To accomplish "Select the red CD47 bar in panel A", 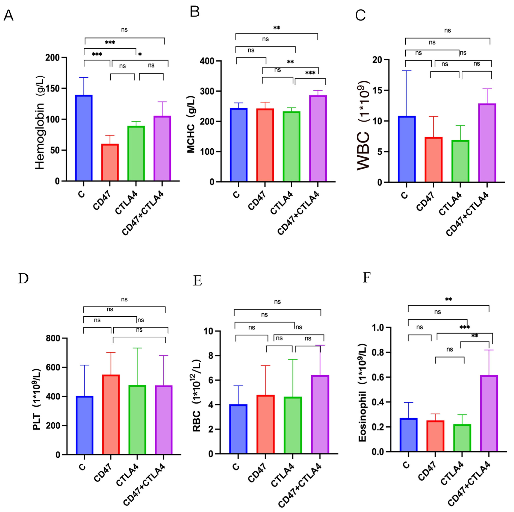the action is point(110,162).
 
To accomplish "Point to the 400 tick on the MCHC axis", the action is point(208,61).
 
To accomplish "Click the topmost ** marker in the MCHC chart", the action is point(277,28).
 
